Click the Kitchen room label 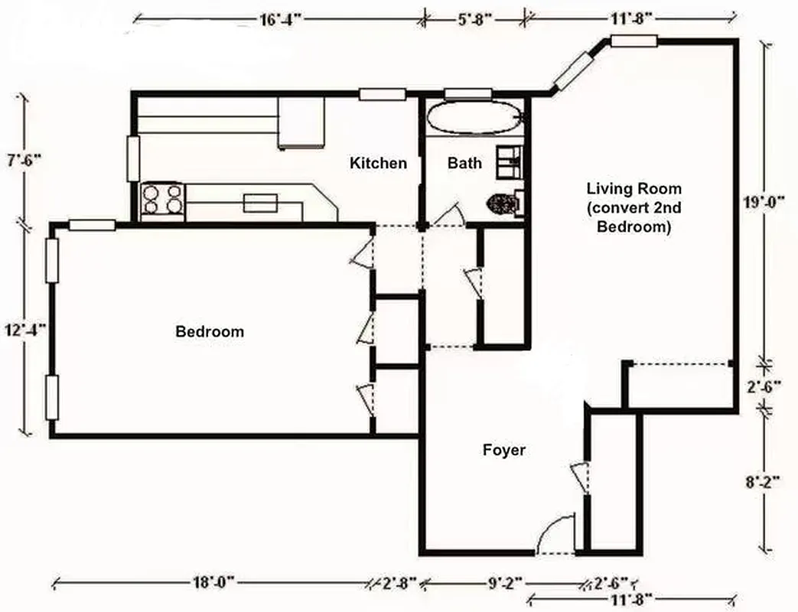378,163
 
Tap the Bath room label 464,163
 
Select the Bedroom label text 210,331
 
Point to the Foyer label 503,450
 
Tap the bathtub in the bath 474,118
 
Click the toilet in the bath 504,203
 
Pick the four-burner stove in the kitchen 162,199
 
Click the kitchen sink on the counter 260,203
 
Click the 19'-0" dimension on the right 765,203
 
